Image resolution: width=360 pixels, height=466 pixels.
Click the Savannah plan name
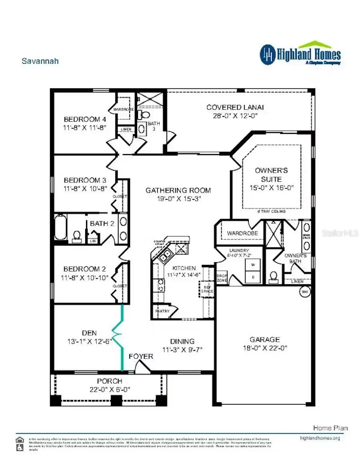40,61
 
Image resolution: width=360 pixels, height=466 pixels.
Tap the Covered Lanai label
235,107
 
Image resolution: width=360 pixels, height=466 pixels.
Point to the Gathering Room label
178,190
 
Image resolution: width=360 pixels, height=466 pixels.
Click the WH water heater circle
305,292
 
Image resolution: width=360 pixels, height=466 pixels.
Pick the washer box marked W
252,265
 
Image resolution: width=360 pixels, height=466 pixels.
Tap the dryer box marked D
252,277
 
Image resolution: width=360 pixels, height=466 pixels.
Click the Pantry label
162,311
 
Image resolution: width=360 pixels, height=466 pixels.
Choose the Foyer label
140,356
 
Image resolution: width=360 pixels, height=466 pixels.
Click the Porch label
109,381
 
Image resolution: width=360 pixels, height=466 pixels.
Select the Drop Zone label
222,278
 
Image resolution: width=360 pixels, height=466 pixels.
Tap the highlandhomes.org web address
320,438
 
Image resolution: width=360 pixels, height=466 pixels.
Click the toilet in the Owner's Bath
274,276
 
